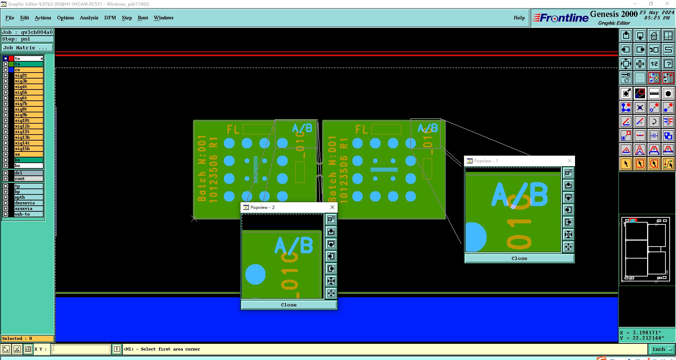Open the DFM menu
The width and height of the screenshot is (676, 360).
click(x=110, y=18)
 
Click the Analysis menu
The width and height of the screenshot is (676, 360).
click(x=89, y=18)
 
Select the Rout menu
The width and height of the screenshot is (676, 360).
click(x=143, y=18)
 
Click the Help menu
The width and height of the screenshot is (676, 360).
click(x=519, y=18)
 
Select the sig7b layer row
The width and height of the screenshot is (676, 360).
click(x=28, y=104)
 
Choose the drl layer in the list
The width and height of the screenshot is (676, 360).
click(x=28, y=173)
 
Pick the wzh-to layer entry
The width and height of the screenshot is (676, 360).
click(x=28, y=214)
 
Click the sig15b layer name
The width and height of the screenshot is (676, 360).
click(x=28, y=149)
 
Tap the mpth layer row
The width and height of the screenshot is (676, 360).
click(x=28, y=197)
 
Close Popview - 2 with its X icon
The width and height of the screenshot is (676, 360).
click(x=332, y=207)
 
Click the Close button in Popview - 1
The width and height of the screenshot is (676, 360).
click(x=519, y=258)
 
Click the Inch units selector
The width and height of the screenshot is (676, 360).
click(x=662, y=349)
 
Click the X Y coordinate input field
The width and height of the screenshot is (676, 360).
click(x=81, y=349)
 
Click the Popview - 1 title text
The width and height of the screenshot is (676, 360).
click(x=486, y=161)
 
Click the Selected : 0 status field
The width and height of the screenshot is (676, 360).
click(x=27, y=339)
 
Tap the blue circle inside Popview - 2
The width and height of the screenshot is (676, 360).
click(x=255, y=274)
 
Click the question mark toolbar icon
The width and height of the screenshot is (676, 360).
click(x=668, y=64)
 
